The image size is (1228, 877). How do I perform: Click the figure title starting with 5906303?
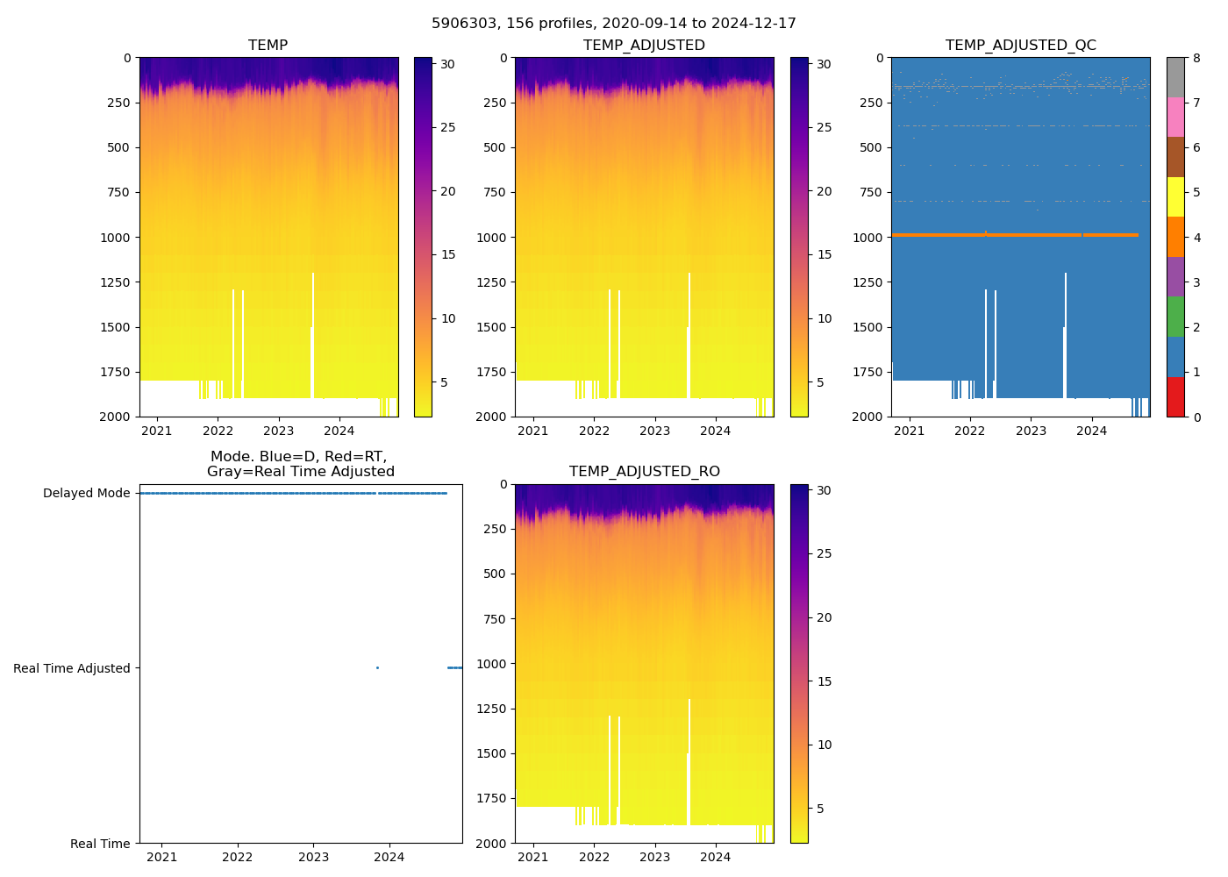pos(613,24)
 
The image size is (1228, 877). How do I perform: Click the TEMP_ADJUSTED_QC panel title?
pos(1020,46)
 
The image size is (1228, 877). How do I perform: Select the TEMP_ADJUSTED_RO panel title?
pos(644,472)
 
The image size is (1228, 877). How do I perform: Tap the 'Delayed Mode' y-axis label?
pos(86,494)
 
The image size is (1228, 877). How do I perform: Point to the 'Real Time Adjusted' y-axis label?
pos(71,668)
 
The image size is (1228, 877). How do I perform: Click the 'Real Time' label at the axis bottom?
pos(100,844)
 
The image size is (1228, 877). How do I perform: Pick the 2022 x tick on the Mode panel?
pos(238,857)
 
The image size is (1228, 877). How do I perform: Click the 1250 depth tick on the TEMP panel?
pos(115,282)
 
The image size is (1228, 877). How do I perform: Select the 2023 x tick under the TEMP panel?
pos(278,431)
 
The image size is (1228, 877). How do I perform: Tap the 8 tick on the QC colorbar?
pos(1196,59)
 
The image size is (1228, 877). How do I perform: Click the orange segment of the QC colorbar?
pos(1174,237)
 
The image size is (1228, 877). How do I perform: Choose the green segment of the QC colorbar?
pos(1174,316)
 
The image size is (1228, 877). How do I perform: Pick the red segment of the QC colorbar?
pos(1174,396)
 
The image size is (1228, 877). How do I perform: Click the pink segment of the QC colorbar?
pos(1174,117)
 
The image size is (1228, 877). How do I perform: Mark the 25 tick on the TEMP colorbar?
pos(447,128)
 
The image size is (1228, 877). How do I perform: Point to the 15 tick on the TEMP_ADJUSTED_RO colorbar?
pos(824,681)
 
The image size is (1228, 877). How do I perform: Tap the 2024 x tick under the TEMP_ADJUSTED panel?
pos(715,431)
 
